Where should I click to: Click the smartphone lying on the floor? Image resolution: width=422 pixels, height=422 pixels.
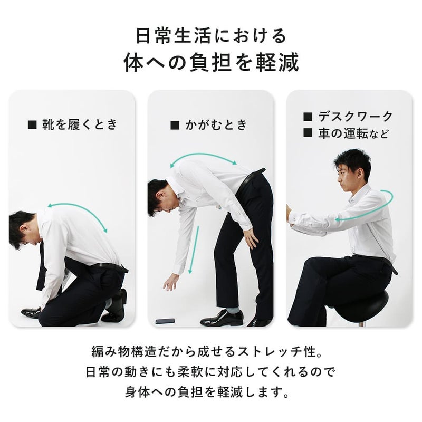click(x=165, y=321)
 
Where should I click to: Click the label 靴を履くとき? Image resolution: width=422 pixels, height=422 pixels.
click(x=80, y=124)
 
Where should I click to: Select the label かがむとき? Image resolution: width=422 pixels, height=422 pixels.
click(x=216, y=125)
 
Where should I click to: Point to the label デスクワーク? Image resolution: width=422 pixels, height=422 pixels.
click(x=356, y=117)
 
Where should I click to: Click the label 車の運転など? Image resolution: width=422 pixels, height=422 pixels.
click(x=353, y=133)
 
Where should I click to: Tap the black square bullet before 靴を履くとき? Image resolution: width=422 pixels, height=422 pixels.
click(x=32, y=125)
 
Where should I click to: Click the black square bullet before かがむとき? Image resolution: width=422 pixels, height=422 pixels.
click(x=175, y=125)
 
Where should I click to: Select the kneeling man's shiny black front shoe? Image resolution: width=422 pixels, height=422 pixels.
click(x=31, y=312)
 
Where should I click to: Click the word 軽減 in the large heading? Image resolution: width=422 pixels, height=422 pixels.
click(x=277, y=62)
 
